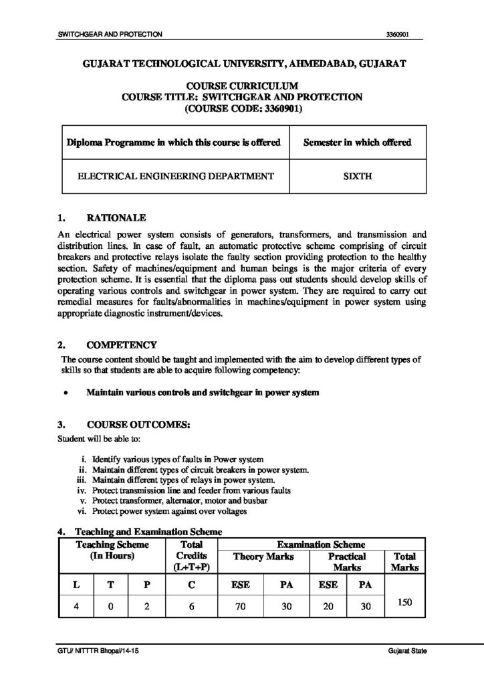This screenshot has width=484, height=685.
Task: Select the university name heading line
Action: click(242, 64)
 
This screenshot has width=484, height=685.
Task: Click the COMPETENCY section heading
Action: click(122, 345)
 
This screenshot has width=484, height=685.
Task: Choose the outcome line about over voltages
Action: click(170, 511)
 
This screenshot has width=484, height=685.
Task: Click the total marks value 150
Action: click(404, 602)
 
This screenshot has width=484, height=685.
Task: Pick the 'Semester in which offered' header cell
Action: click(357, 142)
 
